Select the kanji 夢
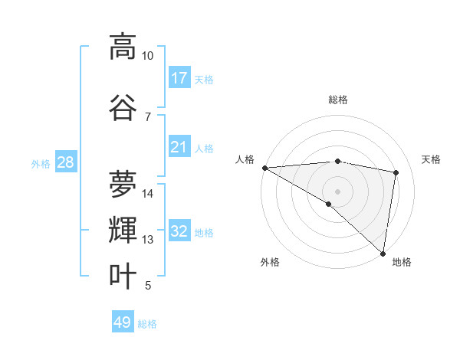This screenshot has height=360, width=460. [123, 184]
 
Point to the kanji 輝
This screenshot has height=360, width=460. [123, 230]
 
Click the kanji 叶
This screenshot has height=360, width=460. [123, 276]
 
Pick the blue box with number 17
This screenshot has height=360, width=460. [179, 78]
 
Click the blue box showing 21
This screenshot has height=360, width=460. [179, 147]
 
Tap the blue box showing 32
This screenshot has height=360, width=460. [179, 231]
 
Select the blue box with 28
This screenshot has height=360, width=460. [65, 162]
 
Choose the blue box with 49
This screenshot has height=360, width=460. [123, 322]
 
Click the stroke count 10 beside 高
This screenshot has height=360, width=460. [148, 56]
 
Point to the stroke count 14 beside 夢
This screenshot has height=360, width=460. [148, 194]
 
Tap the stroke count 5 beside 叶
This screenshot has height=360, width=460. [148, 286]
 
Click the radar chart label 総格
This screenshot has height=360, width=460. [338, 100]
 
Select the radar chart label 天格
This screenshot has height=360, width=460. [432, 159]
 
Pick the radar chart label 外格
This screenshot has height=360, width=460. [270, 262]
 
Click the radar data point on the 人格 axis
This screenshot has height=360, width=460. [264, 168]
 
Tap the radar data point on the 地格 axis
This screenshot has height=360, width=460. [383, 253]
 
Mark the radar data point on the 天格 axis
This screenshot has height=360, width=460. [396, 172]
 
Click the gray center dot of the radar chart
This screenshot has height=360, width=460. [338, 191]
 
